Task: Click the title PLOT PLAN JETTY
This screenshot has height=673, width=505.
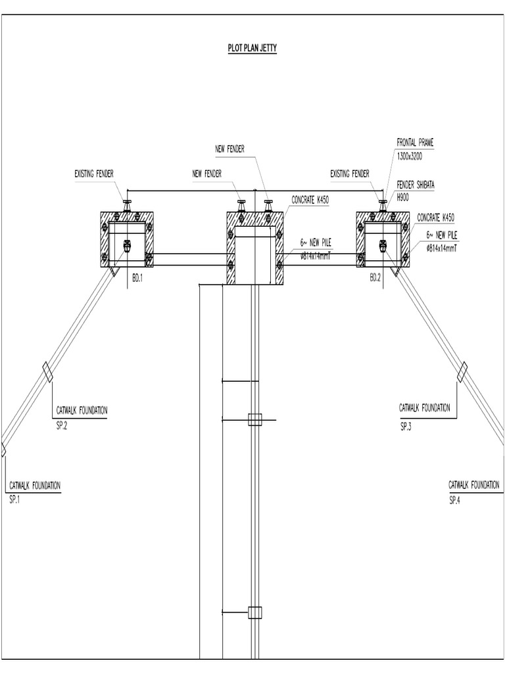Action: point(247,49)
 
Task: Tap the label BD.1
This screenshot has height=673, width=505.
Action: point(137,278)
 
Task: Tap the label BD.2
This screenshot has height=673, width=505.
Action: point(374,278)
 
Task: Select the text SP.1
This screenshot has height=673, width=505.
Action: point(16,499)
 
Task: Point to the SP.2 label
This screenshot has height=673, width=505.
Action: point(62,425)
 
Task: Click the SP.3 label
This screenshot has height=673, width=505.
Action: point(405,427)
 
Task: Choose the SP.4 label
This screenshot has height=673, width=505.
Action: point(456,500)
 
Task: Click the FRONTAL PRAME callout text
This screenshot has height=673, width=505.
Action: point(415,142)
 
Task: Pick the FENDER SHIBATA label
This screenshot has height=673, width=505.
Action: point(416,185)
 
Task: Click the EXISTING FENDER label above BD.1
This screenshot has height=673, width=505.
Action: point(94,174)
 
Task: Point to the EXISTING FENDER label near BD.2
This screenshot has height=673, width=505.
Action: point(350,174)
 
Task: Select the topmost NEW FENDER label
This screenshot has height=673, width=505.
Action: point(229,149)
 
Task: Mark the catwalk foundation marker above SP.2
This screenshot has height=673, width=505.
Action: point(48,372)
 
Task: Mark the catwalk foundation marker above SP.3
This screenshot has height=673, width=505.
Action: point(462,371)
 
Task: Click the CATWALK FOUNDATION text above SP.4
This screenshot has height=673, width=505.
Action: point(474,484)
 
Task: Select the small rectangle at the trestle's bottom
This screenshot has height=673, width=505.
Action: point(254,612)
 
